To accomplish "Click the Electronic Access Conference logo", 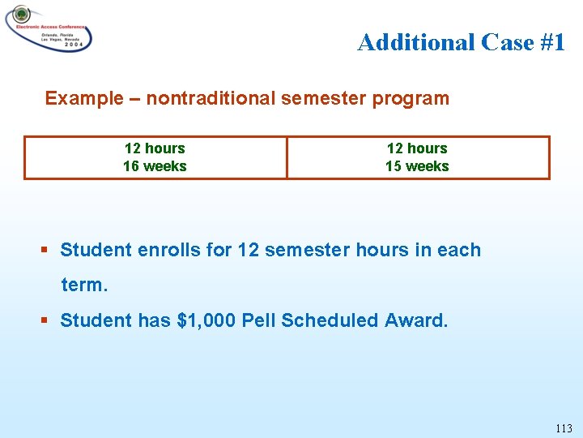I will [49, 29].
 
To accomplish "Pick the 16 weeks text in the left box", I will [155, 166].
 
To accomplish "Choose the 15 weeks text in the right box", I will [417, 166].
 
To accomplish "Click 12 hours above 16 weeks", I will [155, 148].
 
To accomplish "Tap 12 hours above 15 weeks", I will [417, 148].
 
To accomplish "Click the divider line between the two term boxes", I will [287, 157].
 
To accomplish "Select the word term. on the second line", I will [83, 286].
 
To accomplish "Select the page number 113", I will [564, 428].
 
